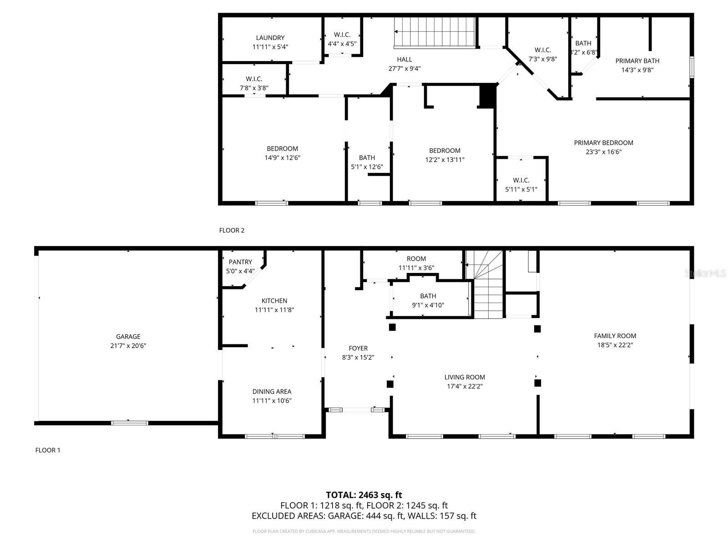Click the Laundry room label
[270, 38]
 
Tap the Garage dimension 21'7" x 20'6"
[128, 346]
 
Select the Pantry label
[240, 262]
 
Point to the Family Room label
[615, 336]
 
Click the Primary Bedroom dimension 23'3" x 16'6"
[603, 152]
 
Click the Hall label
[404, 59]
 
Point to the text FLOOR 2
[232, 230]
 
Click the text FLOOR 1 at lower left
[48, 450]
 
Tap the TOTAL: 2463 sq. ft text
[364, 495]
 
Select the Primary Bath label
[637, 61]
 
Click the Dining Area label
[272, 391]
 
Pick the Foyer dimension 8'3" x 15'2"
[358, 358]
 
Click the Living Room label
[465, 377]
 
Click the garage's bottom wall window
[130, 423]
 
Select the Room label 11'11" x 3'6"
[416, 259]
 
